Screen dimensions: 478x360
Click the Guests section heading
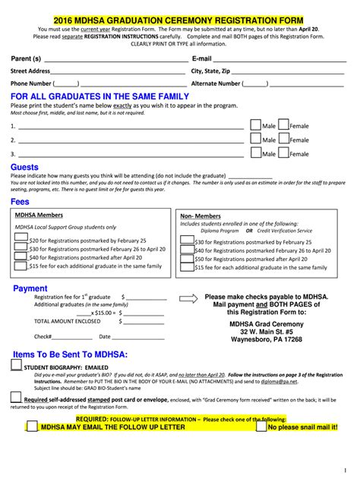tap(24, 167)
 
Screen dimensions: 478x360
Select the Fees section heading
tap(20, 202)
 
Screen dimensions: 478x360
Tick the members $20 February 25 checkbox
tap(21, 239)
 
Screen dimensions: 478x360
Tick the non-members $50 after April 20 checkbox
tap(186, 259)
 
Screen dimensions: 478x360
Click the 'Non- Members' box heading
tap(201, 215)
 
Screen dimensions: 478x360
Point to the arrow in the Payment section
tap(187, 298)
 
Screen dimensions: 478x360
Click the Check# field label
tap(43, 336)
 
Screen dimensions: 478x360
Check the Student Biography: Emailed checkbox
tap(16, 365)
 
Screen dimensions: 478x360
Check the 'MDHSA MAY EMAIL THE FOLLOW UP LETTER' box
tap(32, 427)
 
